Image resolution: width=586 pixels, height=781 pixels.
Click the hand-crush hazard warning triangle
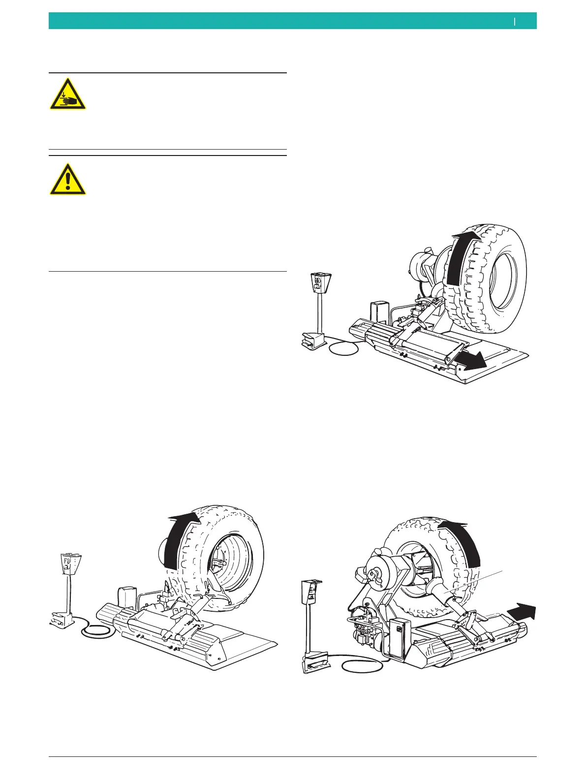[67, 94]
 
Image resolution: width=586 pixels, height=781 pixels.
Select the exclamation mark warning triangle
[67, 179]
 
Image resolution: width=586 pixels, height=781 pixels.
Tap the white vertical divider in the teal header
[515, 21]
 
